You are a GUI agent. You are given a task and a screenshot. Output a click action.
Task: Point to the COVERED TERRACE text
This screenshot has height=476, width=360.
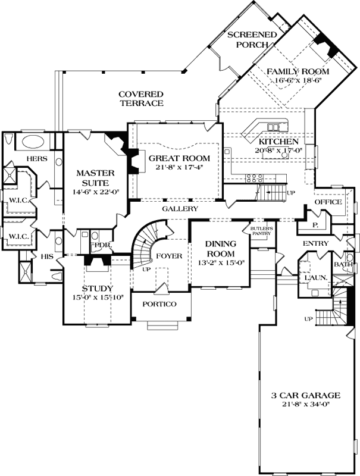(x=140, y=99)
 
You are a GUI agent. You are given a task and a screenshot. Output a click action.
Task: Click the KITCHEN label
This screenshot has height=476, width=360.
(x=278, y=142)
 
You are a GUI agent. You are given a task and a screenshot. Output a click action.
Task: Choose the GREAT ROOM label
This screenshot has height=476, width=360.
(x=179, y=158)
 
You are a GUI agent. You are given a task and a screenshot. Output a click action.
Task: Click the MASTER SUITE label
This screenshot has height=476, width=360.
(x=95, y=178)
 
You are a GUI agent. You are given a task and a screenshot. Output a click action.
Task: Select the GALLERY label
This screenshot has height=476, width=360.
(x=180, y=209)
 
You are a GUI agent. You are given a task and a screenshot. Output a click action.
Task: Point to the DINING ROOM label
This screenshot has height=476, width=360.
(x=221, y=249)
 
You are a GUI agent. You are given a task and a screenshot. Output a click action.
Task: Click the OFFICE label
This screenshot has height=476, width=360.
(x=328, y=202)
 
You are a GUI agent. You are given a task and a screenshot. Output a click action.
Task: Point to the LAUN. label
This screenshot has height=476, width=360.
(x=314, y=277)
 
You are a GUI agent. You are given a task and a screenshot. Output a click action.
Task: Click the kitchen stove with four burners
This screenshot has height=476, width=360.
(x=255, y=177)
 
